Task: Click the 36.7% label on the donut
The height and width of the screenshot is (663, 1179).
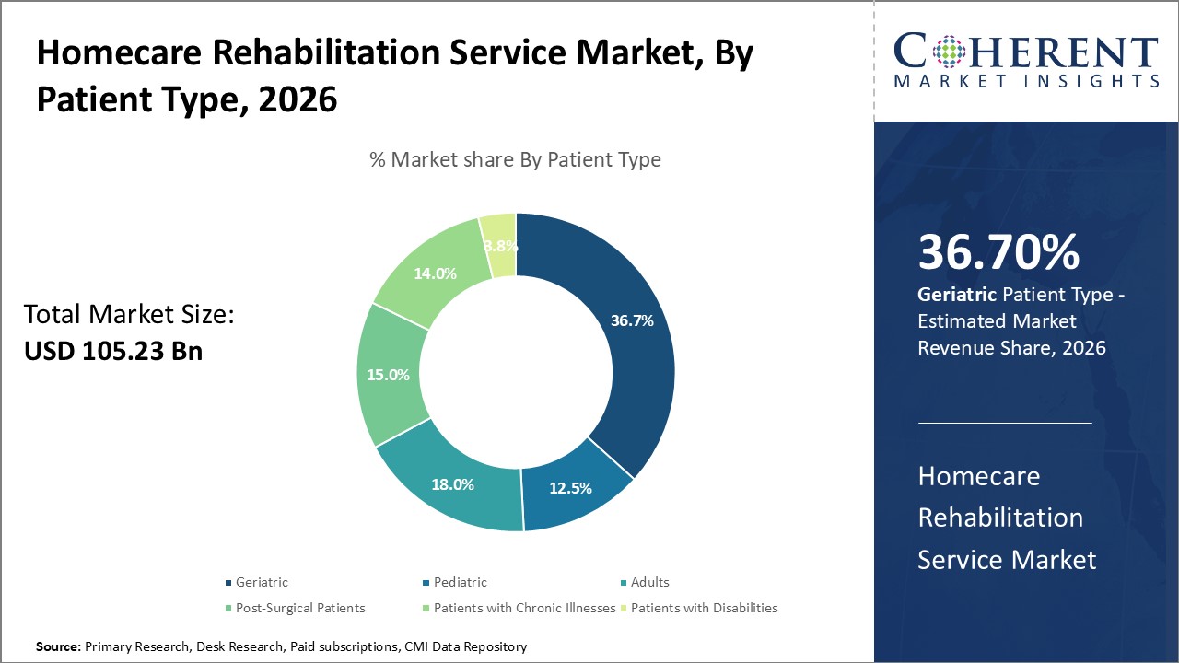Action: [632, 321]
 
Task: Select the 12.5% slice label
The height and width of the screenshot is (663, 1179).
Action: [570, 488]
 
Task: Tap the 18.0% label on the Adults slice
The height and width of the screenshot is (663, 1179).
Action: [452, 484]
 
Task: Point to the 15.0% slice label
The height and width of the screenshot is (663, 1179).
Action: [388, 375]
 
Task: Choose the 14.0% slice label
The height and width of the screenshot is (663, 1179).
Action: [435, 273]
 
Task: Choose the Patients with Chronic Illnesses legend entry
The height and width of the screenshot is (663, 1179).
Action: [524, 608]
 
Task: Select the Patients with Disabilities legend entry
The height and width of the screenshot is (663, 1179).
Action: [704, 608]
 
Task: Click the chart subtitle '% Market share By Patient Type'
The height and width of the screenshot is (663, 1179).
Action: [515, 159]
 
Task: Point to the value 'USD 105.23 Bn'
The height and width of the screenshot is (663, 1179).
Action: [112, 351]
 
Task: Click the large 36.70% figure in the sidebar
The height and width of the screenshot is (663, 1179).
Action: [998, 253]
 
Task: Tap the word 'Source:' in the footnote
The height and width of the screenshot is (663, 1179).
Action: [59, 647]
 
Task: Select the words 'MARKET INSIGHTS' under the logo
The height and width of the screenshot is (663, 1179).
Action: [1026, 82]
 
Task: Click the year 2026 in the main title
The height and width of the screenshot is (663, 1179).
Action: [298, 99]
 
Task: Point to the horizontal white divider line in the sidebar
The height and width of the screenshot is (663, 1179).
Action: [1005, 423]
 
